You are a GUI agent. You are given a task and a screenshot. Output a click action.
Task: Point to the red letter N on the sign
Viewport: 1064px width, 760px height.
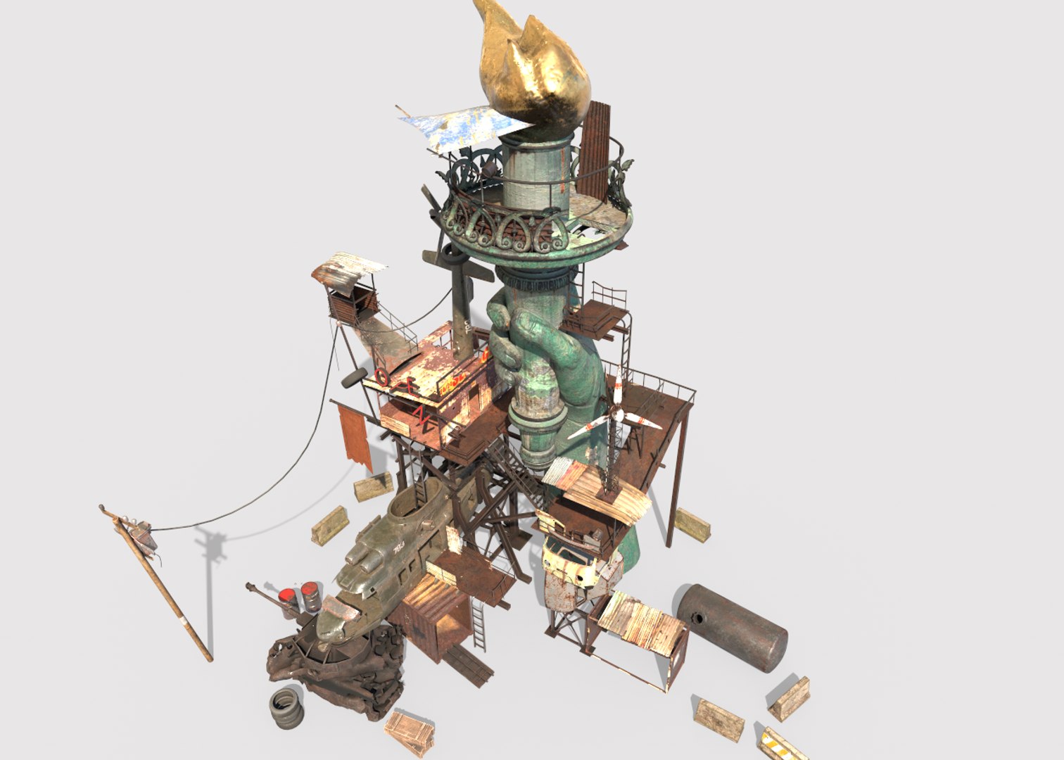[424, 418]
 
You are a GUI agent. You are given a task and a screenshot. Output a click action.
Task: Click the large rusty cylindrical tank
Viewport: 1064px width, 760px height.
[732, 626]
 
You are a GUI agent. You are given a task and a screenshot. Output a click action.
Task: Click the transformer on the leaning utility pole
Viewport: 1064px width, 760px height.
[144, 535]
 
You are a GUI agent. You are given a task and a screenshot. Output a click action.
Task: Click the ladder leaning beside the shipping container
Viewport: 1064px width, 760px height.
[478, 626]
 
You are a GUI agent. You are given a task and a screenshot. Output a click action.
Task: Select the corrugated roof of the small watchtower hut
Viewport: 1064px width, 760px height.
[349, 271]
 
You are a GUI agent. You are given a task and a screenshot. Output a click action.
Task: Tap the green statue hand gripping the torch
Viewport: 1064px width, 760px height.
[535, 345]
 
